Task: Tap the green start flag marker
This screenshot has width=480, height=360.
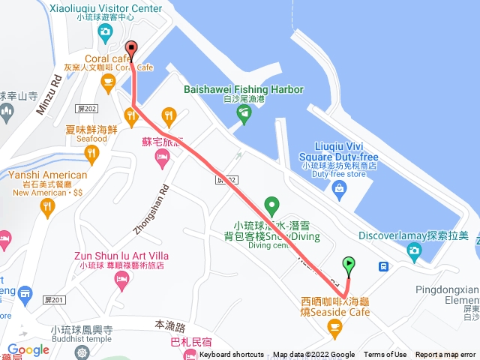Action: [349, 264]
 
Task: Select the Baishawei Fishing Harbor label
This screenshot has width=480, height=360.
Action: [244, 90]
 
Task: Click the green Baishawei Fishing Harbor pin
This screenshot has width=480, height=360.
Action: [244, 114]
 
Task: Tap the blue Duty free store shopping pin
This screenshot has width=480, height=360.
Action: [339, 187]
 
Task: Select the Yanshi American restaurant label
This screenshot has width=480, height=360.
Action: [49, 175]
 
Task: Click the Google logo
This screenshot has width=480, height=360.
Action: [28, 349]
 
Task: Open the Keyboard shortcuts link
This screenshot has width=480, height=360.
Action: [231, 355]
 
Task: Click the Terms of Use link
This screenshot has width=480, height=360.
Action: [385, 355]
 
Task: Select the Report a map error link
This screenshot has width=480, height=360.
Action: [445, 355]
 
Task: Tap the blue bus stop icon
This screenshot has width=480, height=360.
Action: [383, 265]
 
